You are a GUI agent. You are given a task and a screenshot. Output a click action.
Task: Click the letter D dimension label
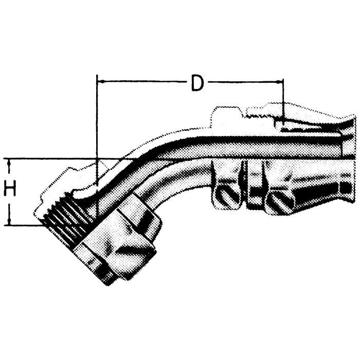coord(196,83)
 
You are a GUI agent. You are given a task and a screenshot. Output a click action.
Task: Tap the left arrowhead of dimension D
coord(100,81)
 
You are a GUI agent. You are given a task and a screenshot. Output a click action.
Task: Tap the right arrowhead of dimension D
coord(280,81)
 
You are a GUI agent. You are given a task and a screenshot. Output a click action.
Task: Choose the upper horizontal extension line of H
coord(51,158)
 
